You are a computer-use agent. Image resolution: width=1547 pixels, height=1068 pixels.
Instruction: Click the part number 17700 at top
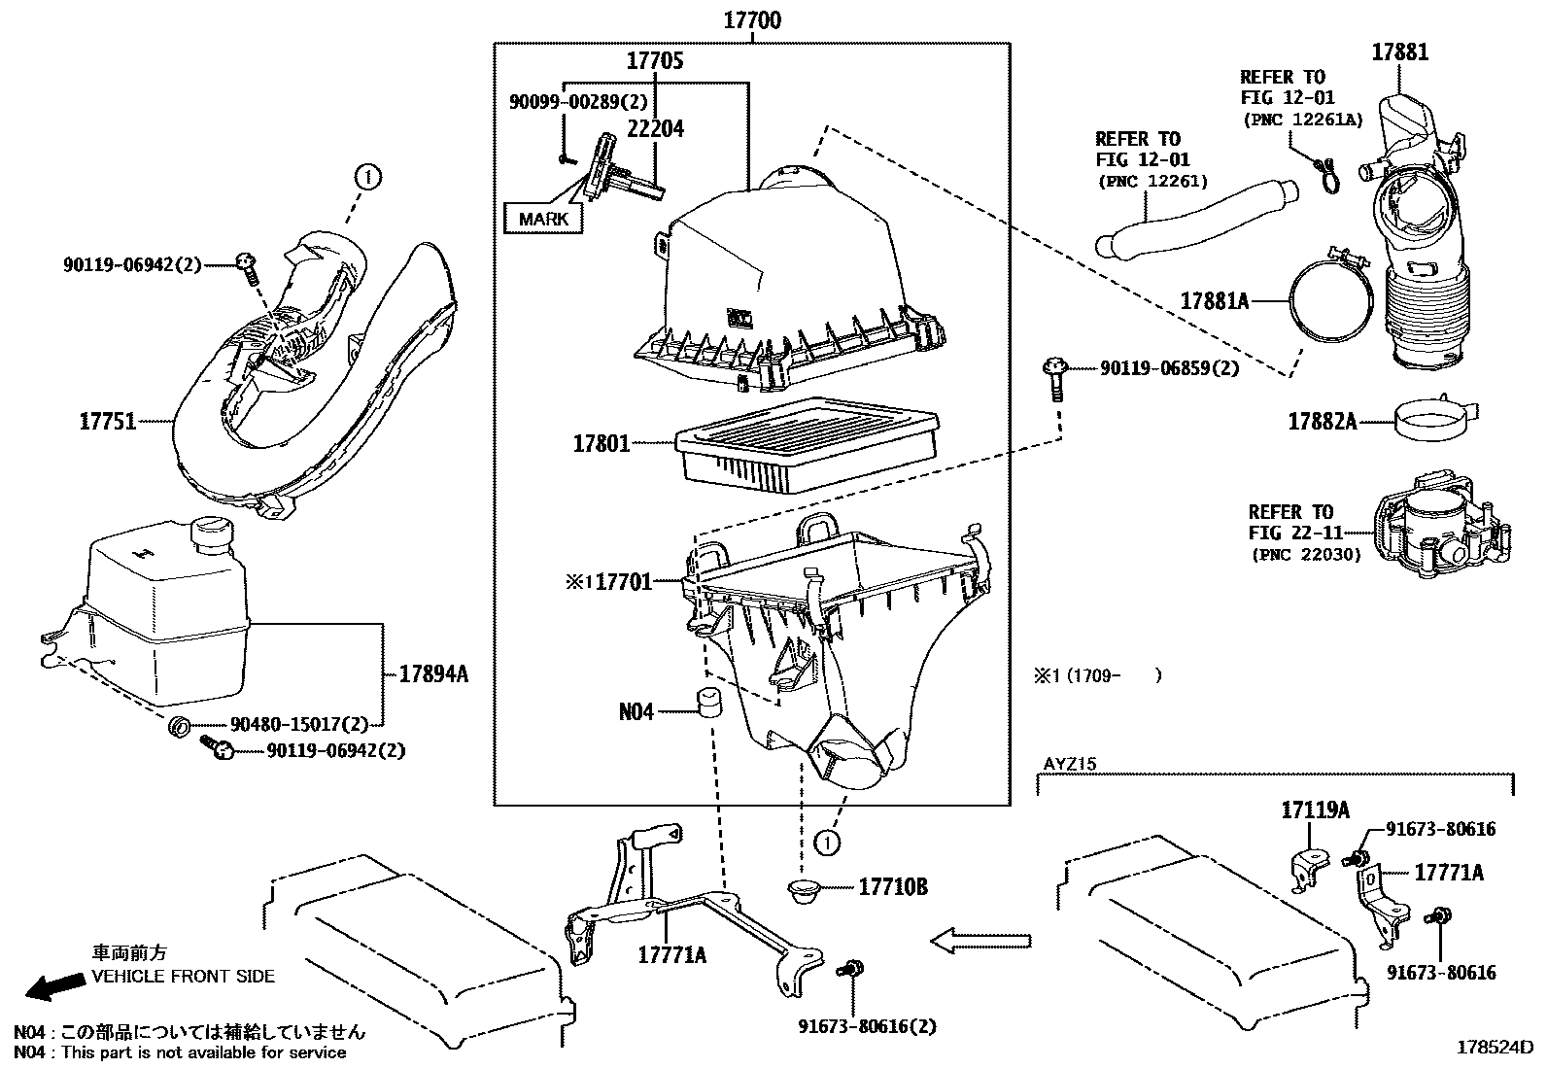(x=752, y=19)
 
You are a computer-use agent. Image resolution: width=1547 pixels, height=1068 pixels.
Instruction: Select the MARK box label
(x=543, y=219)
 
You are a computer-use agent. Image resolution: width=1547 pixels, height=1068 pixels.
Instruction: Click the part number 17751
(x=107, y=422)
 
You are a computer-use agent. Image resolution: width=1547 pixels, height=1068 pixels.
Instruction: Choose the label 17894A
(x=433, y=672)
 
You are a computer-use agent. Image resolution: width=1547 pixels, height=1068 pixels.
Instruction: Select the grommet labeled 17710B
(x=803, y=889)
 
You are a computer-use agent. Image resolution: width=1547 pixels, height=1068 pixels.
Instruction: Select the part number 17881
(x=1400, y=52)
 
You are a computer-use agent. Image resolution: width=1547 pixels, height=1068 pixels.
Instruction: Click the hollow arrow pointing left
(x=980, y=940)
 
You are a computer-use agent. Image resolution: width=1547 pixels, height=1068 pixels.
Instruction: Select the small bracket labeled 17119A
(x=1309, y=868)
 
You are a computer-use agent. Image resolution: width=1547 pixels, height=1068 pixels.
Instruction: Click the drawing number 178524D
(x=1494, y=1048)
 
